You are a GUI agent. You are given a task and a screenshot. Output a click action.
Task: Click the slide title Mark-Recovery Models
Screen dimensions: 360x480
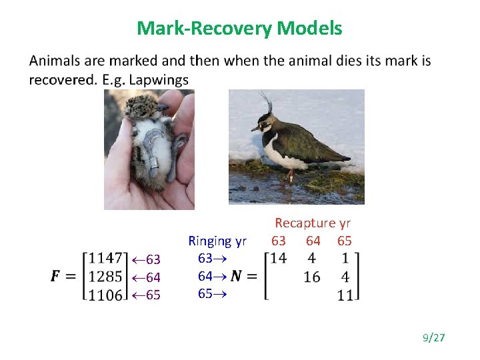click(239, 29)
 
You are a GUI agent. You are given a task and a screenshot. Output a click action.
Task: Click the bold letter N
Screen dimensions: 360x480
click(236, 275)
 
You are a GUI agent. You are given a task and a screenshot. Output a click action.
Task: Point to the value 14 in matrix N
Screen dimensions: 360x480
click(279, 258)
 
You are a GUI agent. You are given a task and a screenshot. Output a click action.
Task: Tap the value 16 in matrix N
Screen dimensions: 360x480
click(311, 277)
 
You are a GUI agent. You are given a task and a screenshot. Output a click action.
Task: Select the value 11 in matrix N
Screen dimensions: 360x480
click(345, 295)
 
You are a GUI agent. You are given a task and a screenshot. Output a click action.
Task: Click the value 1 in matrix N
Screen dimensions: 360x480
click(345, 258)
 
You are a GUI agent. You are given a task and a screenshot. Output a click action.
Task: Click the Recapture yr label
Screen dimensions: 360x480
click(313, 223)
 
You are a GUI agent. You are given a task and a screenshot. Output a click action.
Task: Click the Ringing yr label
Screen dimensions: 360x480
click(217, 241)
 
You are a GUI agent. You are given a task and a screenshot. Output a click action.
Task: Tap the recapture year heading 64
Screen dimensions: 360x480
click(313, 240)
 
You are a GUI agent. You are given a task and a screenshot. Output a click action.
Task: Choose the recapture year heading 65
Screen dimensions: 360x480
click(344, 240)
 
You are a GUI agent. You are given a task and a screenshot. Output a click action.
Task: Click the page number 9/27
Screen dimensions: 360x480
click(433, 338)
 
